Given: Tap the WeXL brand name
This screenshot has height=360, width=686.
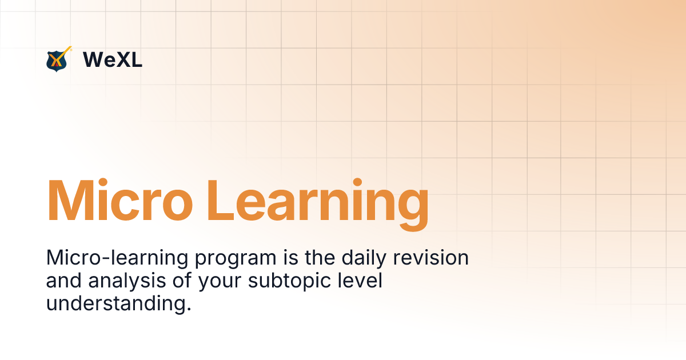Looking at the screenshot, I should point(113,59).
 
